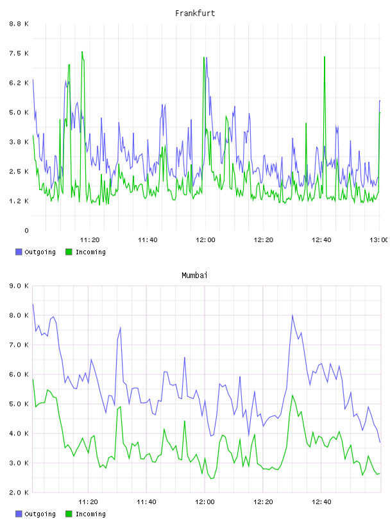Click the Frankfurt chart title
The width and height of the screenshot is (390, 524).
click(x=195, y=13)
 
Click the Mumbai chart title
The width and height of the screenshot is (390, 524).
click(x=194, y=275)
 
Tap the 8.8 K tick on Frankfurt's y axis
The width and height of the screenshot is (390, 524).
click(x=19, y=24)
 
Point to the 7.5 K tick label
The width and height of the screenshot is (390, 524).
click(x=19, y=53)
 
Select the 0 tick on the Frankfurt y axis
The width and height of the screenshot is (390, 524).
click(x=26, y=231)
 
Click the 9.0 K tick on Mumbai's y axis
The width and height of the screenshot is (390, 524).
click(x=19, y=286)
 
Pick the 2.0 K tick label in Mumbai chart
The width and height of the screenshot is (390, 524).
click(x=19, y=493)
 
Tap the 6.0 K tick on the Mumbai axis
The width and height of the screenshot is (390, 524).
click(x=19, y=374)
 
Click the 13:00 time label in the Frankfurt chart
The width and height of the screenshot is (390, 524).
click(x=379, y=240)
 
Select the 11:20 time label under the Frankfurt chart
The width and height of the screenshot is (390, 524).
click(x=90, y=240)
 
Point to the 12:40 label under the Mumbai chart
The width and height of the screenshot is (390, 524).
click(x=321, y=502)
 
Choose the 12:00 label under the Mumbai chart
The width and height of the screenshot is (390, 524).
click(x=205, y=502)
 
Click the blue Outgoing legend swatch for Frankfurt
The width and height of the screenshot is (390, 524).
click(x=19, y=252)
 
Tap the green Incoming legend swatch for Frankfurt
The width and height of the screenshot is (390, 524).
click(x=69, y=252)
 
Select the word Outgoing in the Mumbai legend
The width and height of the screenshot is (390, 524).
click(x=40, y=514)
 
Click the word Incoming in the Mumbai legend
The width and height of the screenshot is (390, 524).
click(x=90, y=514)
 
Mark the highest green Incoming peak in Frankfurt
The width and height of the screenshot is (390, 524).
click(x=82, y=52)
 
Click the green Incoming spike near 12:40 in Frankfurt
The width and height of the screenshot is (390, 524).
click(x=324, y=57)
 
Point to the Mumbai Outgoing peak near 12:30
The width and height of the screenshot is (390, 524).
click(x=292, y=315)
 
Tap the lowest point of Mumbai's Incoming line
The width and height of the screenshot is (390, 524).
click(x=211, y=479)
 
